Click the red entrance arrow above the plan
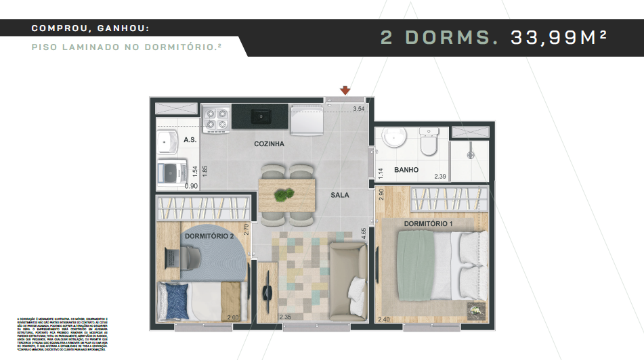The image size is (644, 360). click(x=345, y=90)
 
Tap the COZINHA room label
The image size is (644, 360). click(x=269, y=144)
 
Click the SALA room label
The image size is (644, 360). click(x=339, y=195)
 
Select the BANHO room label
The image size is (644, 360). click(x=406, y=170)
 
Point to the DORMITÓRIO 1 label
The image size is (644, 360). click(x=429, y=223)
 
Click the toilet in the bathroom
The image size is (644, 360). click(x=429, y=143)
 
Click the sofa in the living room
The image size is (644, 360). click(x=349, y=275)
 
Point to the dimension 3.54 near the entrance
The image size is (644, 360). click(x=358, y=109)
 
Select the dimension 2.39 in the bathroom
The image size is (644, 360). click(x=439, y=177)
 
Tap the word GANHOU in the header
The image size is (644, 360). click(x=119, y=28)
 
